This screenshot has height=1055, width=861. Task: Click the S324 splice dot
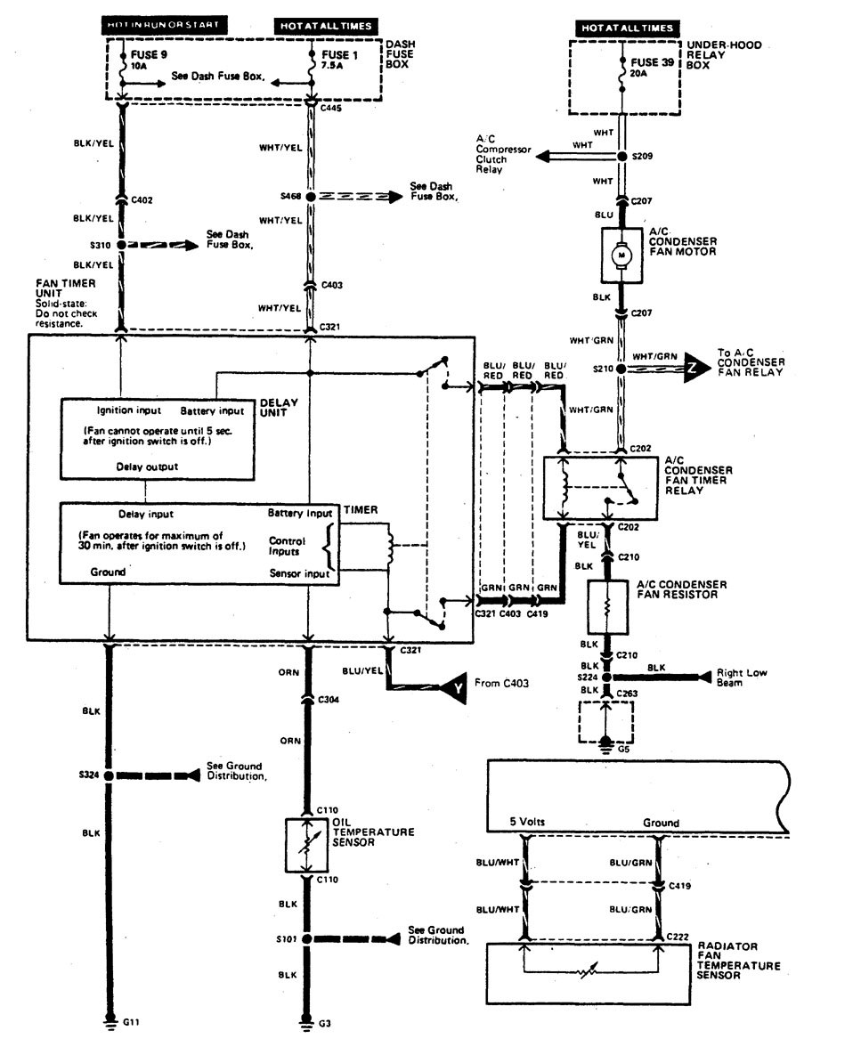pyautogui.click(x=110, y=775)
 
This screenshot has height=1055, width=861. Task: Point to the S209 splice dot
pyautogui.click(x=623, y=157)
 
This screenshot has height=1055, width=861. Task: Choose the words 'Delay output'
pyautogui.click(x=147, y=466)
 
